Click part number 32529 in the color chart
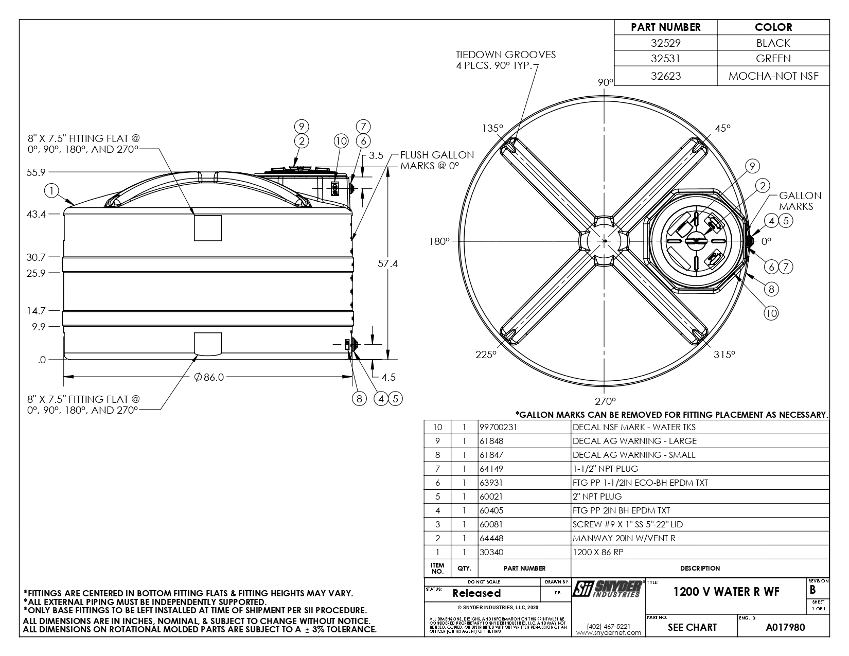pyautogui.click(x=665, y=43)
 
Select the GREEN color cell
pyautogui.click(x=773, y=58)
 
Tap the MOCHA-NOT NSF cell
pyautogui.click(x=773, y=76)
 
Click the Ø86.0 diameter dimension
pyautogui.click(x=209, y=377)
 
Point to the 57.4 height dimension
pyautogui.click(x=387, y=263)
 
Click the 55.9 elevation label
pyautogui.click(x=36, y=172)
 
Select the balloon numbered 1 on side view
pyautogui.click(x=51, y=191)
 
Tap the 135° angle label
pyautogui.click(x=492, y=128)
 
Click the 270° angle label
pyautogui.click(x=606, y=401)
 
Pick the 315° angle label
pyautogui.click(x=724, y=354)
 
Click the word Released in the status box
pyautogui.click(x=476, y=593)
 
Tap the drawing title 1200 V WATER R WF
pyautogui.click(x=726, y=592)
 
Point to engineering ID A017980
pyautogui.click(x=785, y=627)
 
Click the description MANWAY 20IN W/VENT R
pyautogui.click(x=624, y=538)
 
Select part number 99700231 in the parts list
pyautogui.click(x=498, y=427)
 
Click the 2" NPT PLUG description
pyautogui.click(x=597, y=497)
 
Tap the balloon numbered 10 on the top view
pyautogui.click(x=771, y=313)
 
